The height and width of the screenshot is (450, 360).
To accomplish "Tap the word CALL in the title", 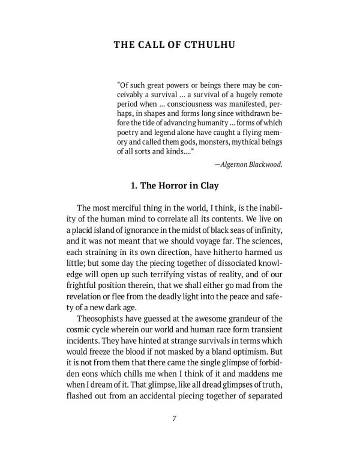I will (x=152, y=45).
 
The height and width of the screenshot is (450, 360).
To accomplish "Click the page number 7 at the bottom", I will (x=180, y=418).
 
